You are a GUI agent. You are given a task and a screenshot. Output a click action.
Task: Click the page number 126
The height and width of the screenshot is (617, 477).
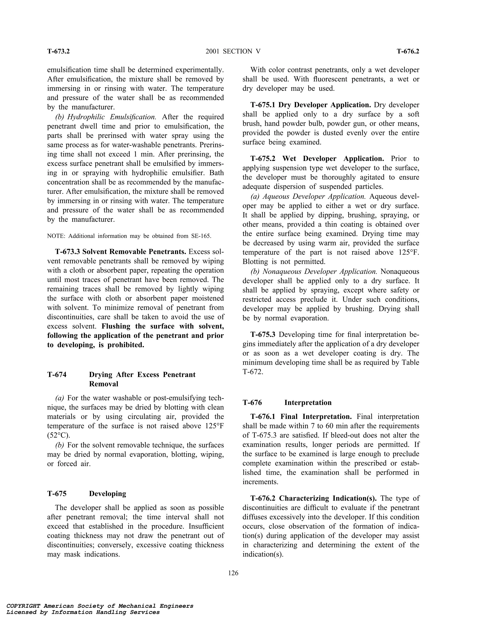click(x=233, y=573)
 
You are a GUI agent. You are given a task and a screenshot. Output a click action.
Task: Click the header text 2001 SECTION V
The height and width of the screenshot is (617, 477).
click(x=233, y=51)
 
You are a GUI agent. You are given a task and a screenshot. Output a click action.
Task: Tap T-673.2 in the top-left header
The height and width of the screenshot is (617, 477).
click(x=58, y=51)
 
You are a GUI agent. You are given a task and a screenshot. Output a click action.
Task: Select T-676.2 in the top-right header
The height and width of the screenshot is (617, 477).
click(x=408, y=51)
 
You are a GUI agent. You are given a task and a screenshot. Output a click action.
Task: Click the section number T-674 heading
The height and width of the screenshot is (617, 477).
click(x=57, y=375)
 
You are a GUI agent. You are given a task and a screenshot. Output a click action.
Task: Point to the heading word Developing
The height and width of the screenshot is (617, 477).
click(x=107, y=494)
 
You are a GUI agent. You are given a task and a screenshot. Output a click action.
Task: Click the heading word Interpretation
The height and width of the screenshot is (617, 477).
click(x=308, y=403)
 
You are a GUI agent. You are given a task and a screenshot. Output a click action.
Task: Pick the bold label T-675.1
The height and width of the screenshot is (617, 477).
click(x=263, y=105)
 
